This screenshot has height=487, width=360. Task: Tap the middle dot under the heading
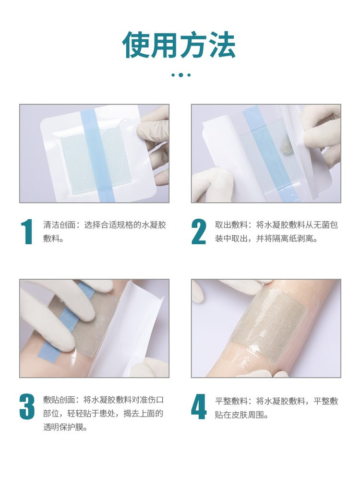point(180,75)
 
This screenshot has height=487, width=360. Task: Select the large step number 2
point(199,232)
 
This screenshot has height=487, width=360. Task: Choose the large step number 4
point(199,407)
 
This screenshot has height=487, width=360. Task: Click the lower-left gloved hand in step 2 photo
point(211,185)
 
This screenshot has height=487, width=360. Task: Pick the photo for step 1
point(94,154)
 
